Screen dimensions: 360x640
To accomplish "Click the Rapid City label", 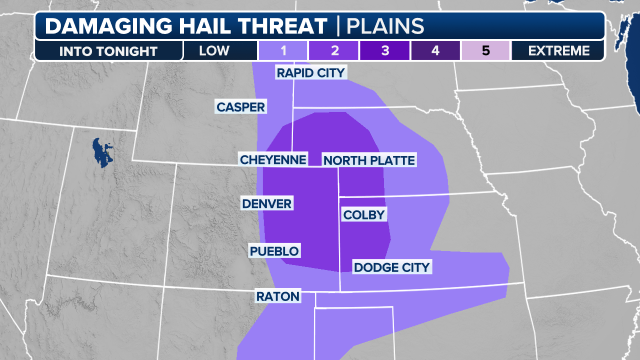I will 310,73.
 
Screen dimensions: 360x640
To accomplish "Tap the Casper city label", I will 240,106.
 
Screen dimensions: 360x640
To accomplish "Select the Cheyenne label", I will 273,159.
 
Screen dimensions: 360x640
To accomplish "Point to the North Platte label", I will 369,160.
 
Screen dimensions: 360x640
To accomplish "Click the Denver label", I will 266,203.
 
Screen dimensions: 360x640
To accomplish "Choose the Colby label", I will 364,215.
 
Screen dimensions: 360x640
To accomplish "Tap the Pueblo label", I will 274,251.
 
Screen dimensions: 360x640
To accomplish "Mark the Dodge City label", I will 391,267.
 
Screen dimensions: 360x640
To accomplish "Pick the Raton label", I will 277,296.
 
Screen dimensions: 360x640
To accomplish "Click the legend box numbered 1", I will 282,50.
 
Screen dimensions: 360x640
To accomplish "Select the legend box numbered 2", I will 334,50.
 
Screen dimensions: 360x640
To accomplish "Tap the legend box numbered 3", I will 384,50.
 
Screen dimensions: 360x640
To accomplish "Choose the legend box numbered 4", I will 435,50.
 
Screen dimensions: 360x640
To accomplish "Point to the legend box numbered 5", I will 485,50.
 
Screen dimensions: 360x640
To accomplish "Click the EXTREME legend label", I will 558,50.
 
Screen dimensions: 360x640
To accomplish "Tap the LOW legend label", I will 214,50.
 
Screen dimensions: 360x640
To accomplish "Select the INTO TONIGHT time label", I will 108,51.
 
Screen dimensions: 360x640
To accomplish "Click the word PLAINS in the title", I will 385,26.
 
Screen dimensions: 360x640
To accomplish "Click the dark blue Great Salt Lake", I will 102,153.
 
